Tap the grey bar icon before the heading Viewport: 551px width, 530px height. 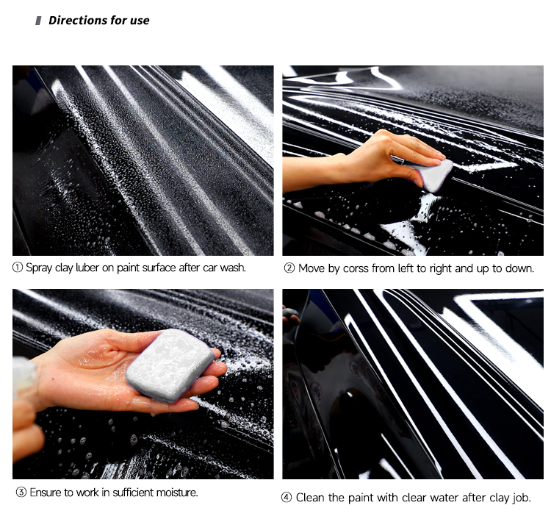tap(38, 21)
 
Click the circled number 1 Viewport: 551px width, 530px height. tap(17, 268)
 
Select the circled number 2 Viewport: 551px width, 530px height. tap(289, 268)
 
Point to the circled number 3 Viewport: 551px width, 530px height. tap(21, 493)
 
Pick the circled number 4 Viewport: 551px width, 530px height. tap(287, 498)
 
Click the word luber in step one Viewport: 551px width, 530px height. tap(87, 268)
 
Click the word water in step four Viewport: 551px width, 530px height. tap(445, 498)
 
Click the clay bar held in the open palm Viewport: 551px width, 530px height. tap(170, 365)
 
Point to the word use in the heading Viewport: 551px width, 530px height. tap(140, 21)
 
